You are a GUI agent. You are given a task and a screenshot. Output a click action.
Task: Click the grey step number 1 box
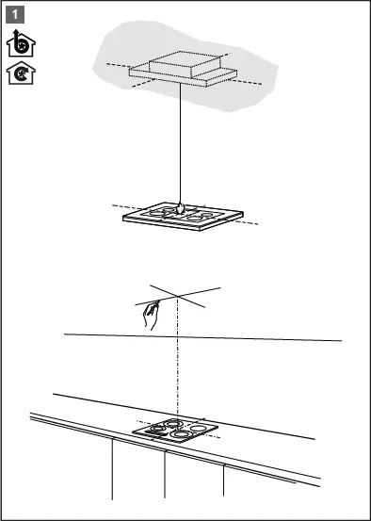point(15,15)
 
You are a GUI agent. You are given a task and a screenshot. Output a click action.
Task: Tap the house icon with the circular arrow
point(21,73)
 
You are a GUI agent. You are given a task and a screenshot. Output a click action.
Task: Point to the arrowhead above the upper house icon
point(16,33)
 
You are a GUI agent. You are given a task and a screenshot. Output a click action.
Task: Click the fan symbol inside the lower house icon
point(22,74)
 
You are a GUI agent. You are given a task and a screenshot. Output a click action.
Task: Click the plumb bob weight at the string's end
point(180,208)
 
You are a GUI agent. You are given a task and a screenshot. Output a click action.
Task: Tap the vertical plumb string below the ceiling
point(181,143)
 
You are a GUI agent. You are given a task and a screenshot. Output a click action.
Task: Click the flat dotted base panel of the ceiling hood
point(183,76)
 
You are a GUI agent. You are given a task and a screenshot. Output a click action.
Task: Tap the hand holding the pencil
point(150,315)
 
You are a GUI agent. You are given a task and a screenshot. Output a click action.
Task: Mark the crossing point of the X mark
point(178,296)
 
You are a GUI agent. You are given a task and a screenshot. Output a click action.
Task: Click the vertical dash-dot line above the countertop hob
point(178,357)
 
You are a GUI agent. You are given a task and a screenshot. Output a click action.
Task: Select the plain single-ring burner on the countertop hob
point(199,429)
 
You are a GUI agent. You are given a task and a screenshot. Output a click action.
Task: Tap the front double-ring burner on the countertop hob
point(180,433)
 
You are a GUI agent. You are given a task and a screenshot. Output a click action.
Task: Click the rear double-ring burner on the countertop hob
point(173,423)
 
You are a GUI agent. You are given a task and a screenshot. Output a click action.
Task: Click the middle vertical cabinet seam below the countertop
point(165,475)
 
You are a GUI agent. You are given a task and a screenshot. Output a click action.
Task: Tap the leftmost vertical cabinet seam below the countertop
point(112,469)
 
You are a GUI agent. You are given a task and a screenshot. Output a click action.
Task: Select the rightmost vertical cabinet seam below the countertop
point(223,480)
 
